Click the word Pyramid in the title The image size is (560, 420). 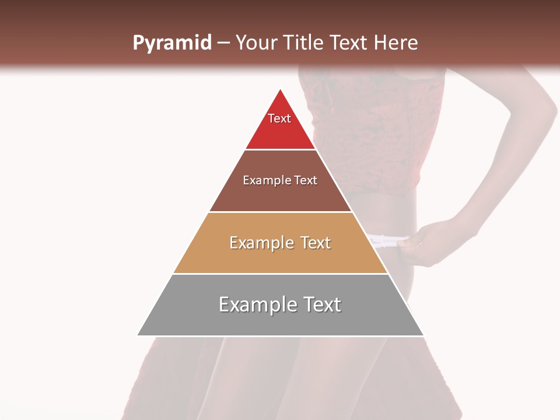(x=171, y=43)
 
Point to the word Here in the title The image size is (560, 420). (x=396, y=43)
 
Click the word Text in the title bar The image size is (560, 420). (x=349, y=43)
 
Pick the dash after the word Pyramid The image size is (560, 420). (x=223, y=43)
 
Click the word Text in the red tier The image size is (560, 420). (x=279, y=118)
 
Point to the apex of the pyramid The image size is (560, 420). (x=281, y=90)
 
